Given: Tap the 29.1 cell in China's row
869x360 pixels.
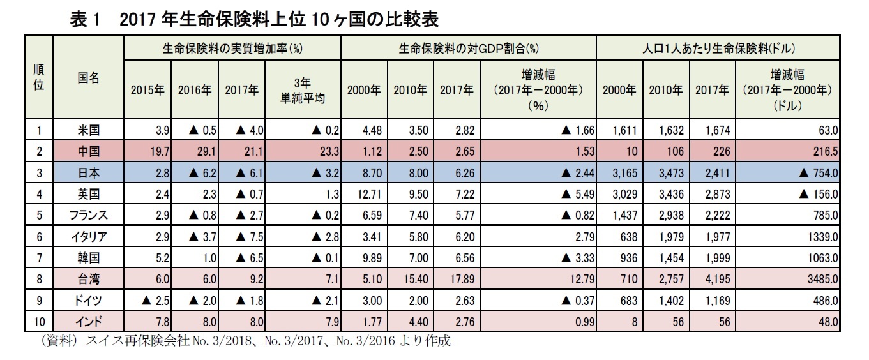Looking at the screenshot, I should point(198,151).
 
